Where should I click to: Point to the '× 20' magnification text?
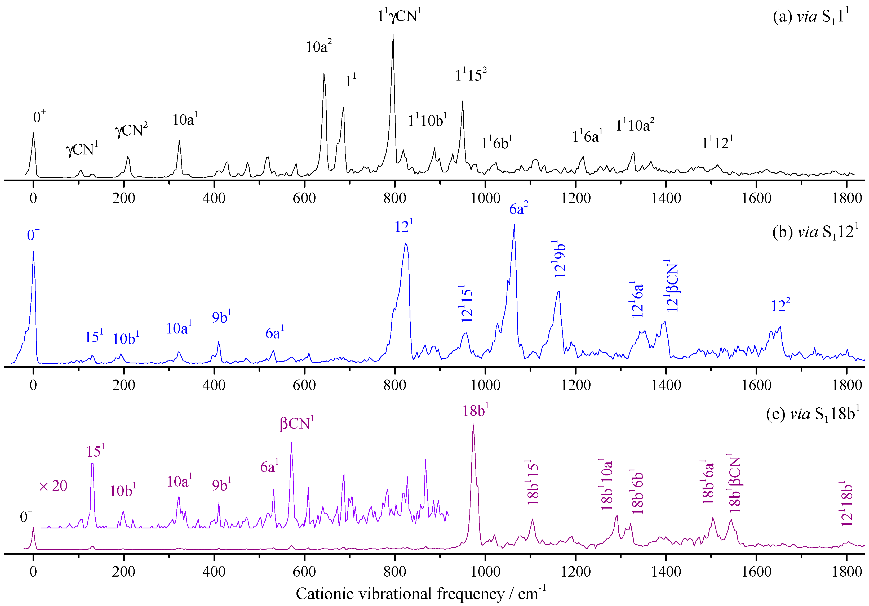[53, 486]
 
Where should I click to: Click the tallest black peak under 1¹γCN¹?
[393, 36]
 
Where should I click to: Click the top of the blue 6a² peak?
[514, 225]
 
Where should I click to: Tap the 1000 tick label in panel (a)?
[485, 198]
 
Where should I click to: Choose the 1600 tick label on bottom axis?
[756, 571]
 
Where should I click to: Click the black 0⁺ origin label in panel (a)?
[39, 117]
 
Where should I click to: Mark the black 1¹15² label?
[471, 75]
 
